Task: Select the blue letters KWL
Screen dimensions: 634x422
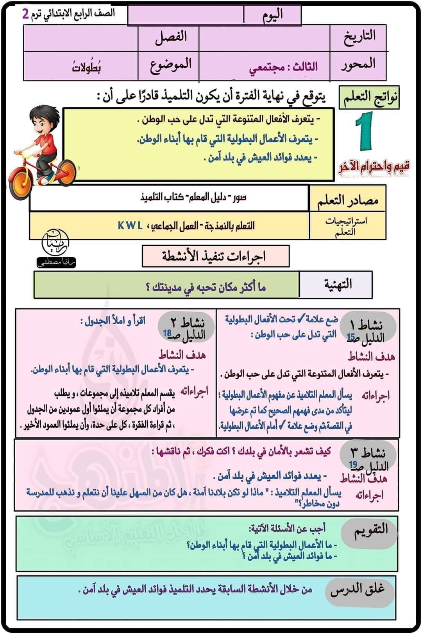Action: click(130, 225)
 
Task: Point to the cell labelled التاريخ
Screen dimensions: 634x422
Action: click(359, 36)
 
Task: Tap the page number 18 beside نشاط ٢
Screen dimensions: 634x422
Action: click(167, 333)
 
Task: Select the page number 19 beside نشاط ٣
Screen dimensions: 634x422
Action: click(354, 465)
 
